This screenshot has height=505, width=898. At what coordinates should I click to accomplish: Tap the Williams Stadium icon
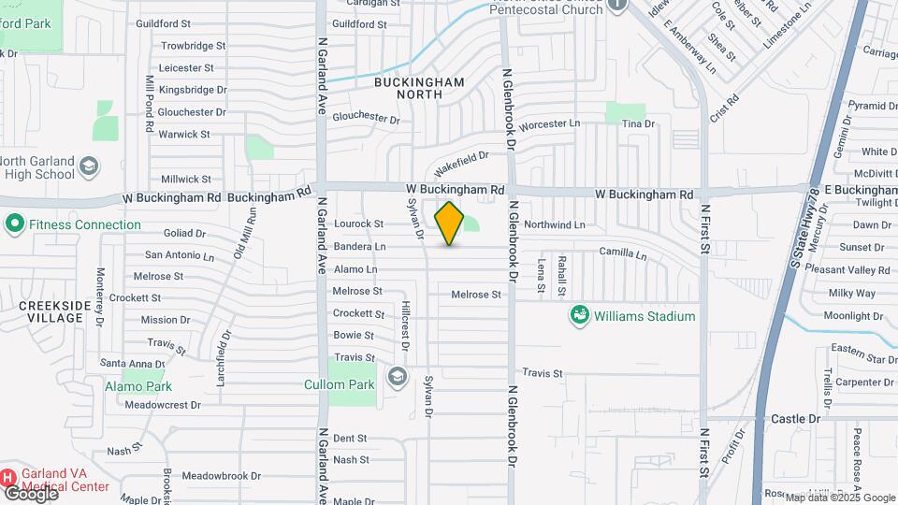tap(579, 316)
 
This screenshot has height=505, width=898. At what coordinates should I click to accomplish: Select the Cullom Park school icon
tap(397, 378)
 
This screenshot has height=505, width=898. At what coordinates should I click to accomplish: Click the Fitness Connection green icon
tap(14, 224)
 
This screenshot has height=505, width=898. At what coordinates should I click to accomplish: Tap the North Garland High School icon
tap(88, 166)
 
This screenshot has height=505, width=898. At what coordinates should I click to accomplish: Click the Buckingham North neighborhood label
tap(418, 88)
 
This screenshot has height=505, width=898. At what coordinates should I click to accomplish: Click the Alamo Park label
tap(138, 386)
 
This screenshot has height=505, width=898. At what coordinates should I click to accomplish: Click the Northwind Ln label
tap(554, 224)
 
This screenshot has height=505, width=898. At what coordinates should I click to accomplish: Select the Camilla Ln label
tap(623, 252)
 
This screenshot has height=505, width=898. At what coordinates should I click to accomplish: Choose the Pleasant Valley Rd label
tap(852, 269)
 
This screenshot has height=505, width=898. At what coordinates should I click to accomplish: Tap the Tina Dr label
tap(638, 123)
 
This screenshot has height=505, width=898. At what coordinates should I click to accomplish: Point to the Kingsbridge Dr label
tap(193, 90)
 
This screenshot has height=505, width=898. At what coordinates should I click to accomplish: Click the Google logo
tap(30, 492)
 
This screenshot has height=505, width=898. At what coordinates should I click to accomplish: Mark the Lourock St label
tap(360, 224)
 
